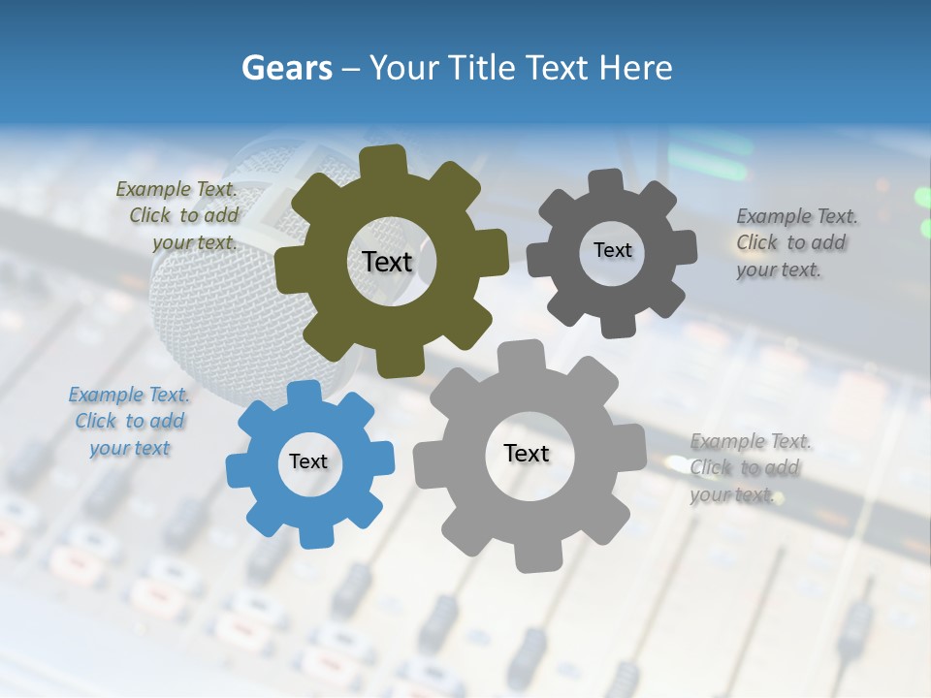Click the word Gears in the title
point(286,68)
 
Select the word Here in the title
point(635,68)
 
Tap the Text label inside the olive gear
point(387,262)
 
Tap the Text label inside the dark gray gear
point(612,250)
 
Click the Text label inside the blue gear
point(308,461)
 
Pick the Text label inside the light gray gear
point(527,453)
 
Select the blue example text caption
point(129,422)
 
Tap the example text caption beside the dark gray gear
point(795,243)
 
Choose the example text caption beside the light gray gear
point(749,468)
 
